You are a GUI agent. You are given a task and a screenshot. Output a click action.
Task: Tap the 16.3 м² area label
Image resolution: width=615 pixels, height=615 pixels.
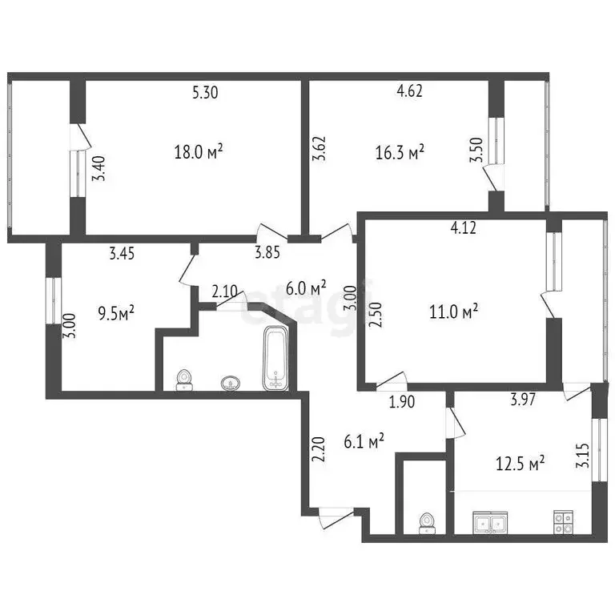coord(400,151)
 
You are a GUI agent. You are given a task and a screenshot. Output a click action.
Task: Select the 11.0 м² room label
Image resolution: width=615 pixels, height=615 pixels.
coord(454,310)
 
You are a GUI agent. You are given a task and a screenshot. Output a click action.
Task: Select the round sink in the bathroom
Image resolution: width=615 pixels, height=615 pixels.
coord(231,384)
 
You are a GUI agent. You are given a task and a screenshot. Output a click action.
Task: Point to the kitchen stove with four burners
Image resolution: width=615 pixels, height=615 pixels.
coord(562,523)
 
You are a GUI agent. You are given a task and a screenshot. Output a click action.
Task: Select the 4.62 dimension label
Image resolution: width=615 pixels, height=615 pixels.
coord(409,91)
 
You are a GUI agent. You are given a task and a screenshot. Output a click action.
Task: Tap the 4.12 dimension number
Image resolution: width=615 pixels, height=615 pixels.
coord(464,228)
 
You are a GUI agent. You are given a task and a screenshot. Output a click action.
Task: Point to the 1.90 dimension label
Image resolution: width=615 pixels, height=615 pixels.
coord(401,402)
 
